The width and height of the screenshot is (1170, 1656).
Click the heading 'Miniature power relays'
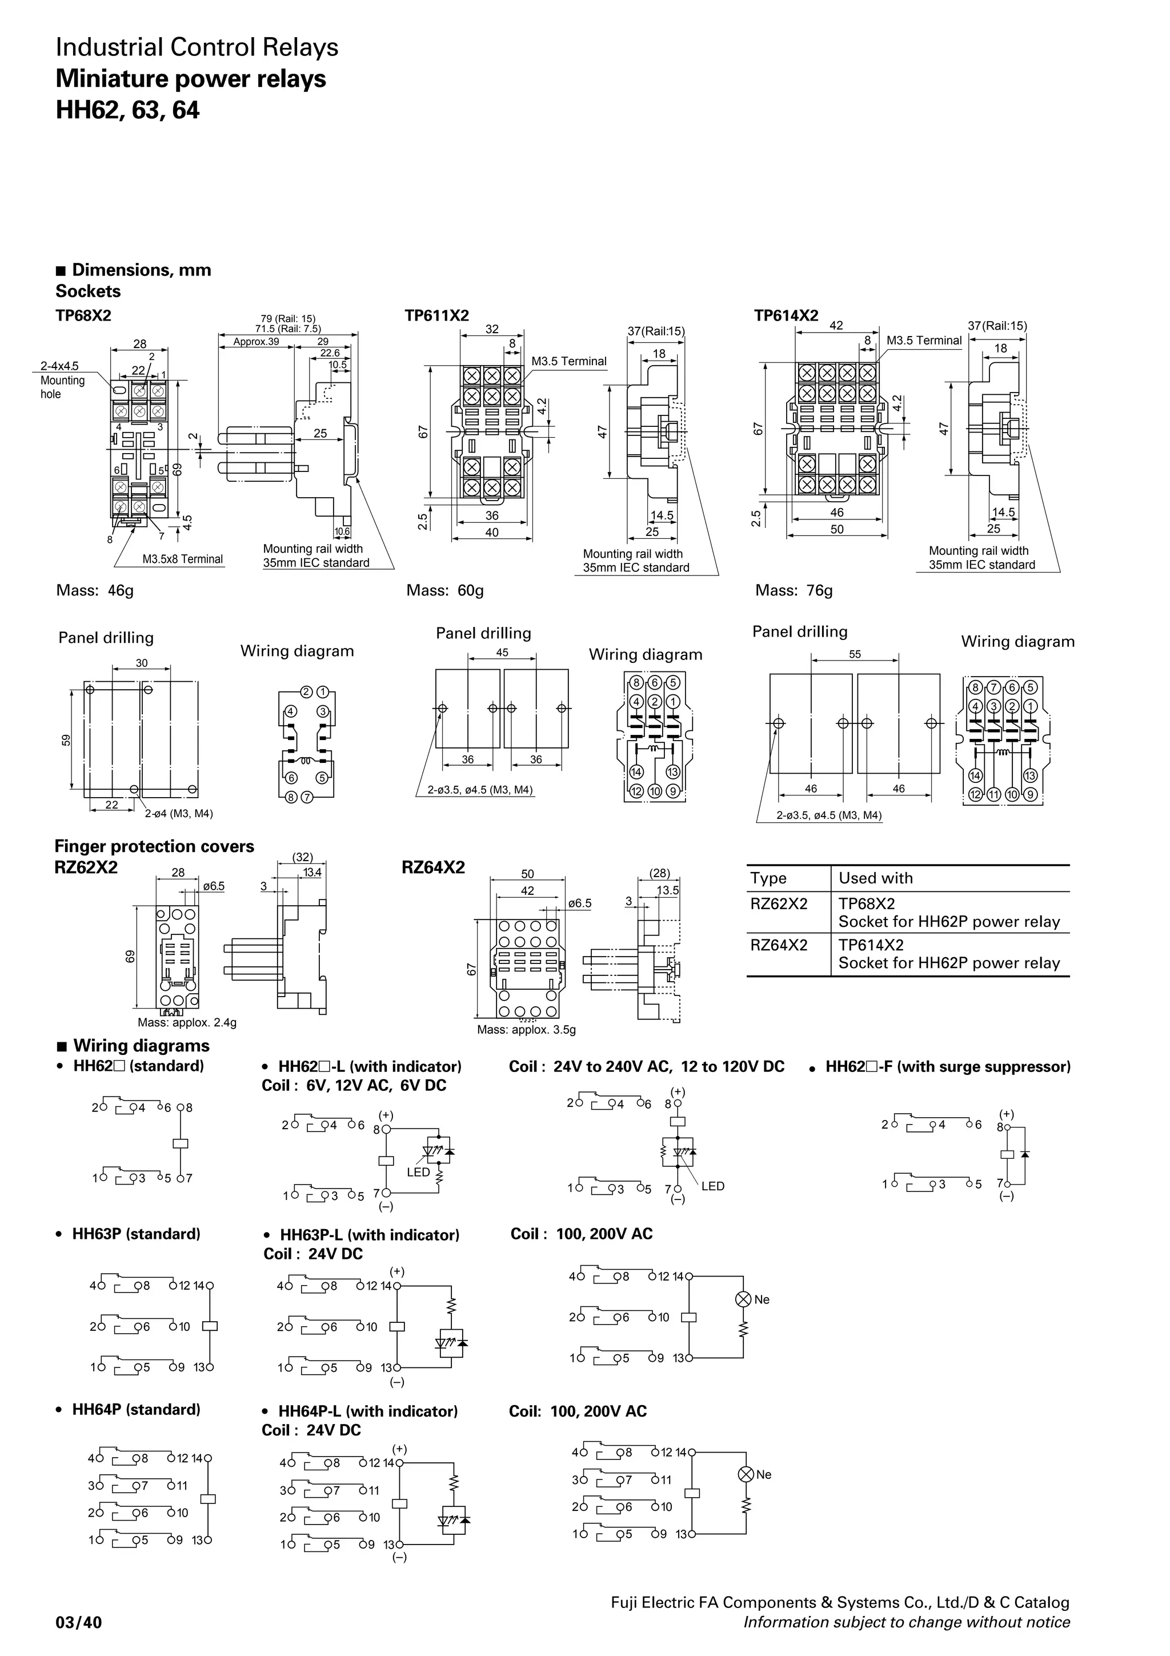190,79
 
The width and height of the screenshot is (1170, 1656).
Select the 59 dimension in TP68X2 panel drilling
66,740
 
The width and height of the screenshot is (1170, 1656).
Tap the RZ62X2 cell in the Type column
779,904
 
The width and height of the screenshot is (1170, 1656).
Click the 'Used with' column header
875,878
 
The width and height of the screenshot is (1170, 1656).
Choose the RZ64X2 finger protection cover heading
433,867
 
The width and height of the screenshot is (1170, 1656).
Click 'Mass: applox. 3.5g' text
526,1029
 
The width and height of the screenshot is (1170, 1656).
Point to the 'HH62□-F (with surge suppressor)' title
947,1066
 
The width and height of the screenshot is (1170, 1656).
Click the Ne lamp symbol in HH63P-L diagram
743,1299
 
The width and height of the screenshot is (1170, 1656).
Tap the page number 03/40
79,1622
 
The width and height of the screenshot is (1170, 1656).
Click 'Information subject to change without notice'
906,1622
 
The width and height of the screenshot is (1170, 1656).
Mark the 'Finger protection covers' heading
154,846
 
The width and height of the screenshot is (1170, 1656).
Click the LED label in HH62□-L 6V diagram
418,1172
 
